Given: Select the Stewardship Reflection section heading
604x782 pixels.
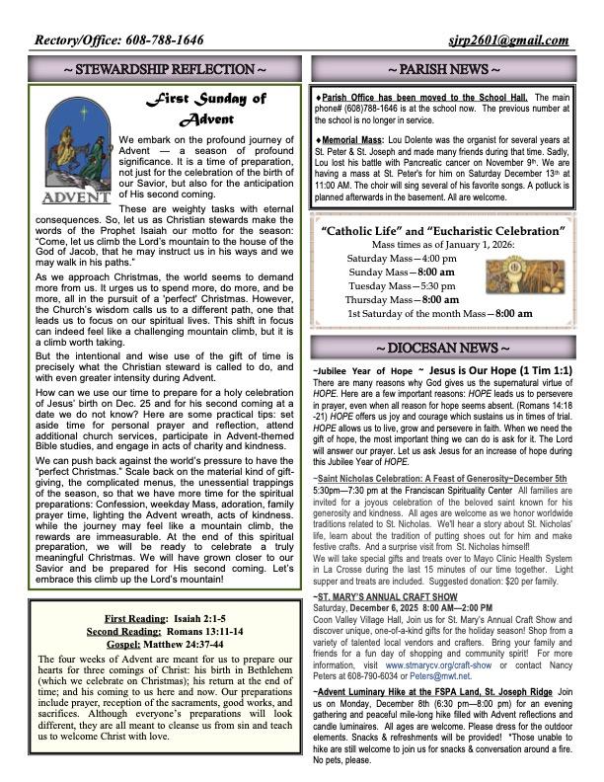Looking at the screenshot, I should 163,69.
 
